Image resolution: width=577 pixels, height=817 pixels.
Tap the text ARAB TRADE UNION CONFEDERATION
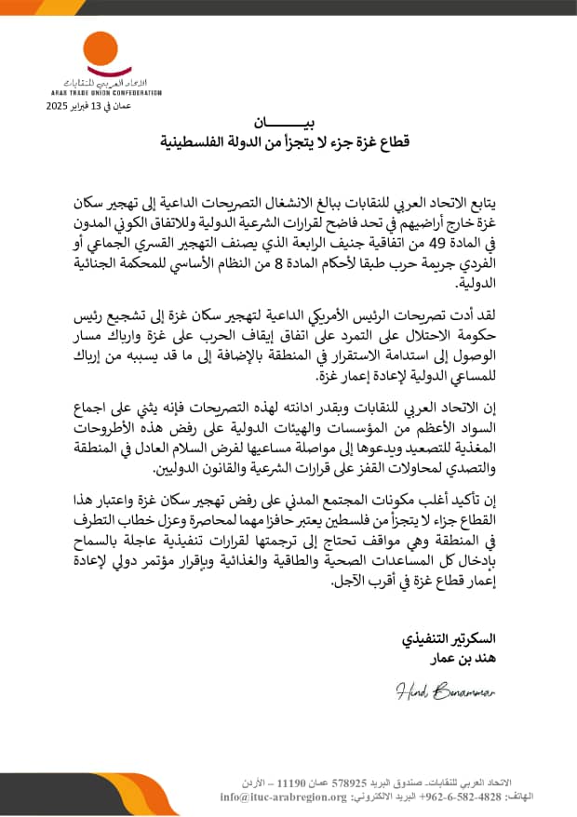click(x=106, y=93)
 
